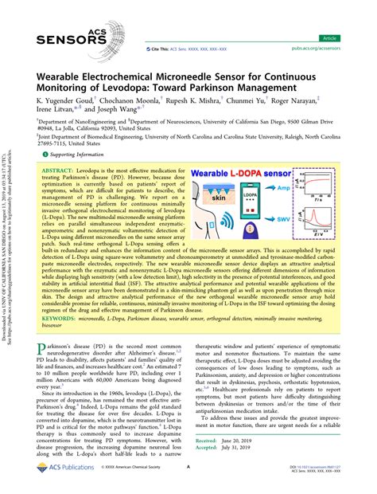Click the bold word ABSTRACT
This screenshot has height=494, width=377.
[57, 171]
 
